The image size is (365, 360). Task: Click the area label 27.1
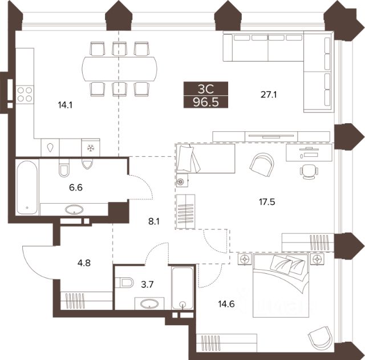(x=269, y=95)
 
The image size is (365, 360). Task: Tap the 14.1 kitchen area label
(x=65, y=105)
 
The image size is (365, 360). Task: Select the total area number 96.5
(x=206, y=102)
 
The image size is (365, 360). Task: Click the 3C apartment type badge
(x=206, y=88)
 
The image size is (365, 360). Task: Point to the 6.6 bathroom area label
(x=76, y=187)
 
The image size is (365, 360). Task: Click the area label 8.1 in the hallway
(x=154, y=221)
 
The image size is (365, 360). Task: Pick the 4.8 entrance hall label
(x=84, y=263)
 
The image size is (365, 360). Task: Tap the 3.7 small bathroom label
(x=148, y=284)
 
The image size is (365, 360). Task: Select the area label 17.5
(x=267, y=202)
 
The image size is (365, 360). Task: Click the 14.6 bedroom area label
(x=226, y=304)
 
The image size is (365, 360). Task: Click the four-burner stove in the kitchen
(x=25, y=94)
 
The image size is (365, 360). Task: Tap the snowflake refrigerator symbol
(x=90, y=148)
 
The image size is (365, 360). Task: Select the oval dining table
(x=119, y=69)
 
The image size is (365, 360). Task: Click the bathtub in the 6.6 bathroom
(x=27, y=187)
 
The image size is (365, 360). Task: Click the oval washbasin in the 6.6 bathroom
(x=74, y=209)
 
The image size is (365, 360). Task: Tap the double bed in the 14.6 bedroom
(x=281, y=286)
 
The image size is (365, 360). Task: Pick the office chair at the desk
(x=309, y=172)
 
